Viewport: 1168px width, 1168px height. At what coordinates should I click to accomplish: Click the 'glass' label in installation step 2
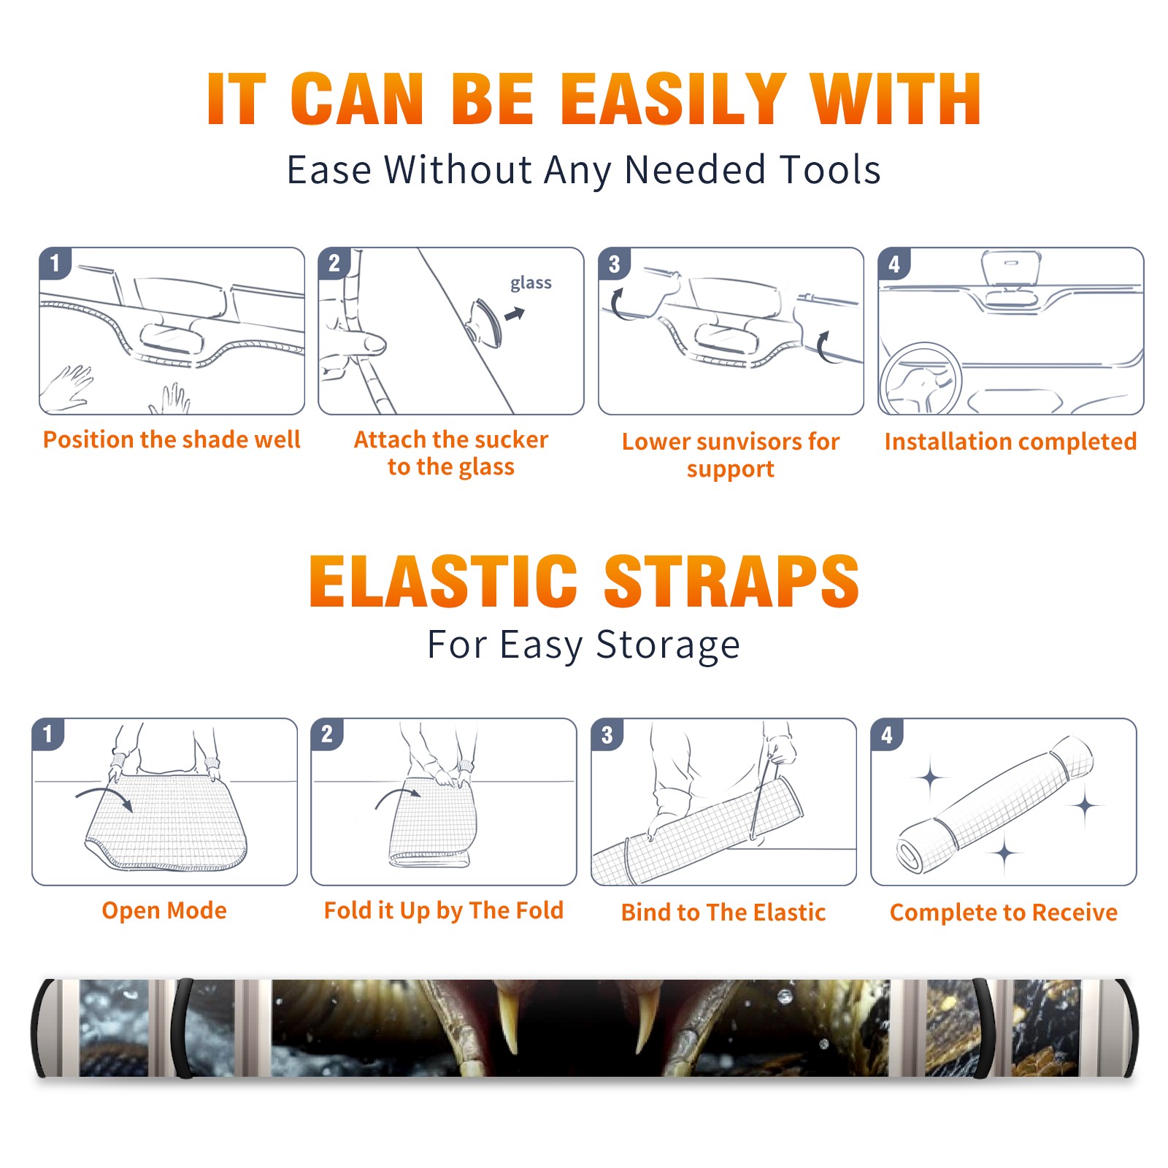531,283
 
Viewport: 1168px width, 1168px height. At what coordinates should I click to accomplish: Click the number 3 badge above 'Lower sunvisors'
614,264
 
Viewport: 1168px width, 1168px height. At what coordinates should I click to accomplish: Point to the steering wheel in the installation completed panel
920,380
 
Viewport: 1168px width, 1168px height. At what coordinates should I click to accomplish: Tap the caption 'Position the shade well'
172,439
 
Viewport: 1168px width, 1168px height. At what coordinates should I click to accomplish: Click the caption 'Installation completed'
1010,442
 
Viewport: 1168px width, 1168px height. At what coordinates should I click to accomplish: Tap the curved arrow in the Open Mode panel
104,796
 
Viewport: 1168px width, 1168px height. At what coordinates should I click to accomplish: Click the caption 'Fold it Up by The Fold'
444,910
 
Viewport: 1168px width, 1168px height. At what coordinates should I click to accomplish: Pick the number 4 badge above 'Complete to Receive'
886,734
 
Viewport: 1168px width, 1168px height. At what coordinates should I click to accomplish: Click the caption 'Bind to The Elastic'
723,912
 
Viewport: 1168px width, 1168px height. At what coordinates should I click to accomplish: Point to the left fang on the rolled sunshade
510,1016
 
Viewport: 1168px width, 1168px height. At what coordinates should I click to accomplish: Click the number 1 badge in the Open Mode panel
47,734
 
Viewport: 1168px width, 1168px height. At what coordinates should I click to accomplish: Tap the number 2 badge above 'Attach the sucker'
334,263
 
